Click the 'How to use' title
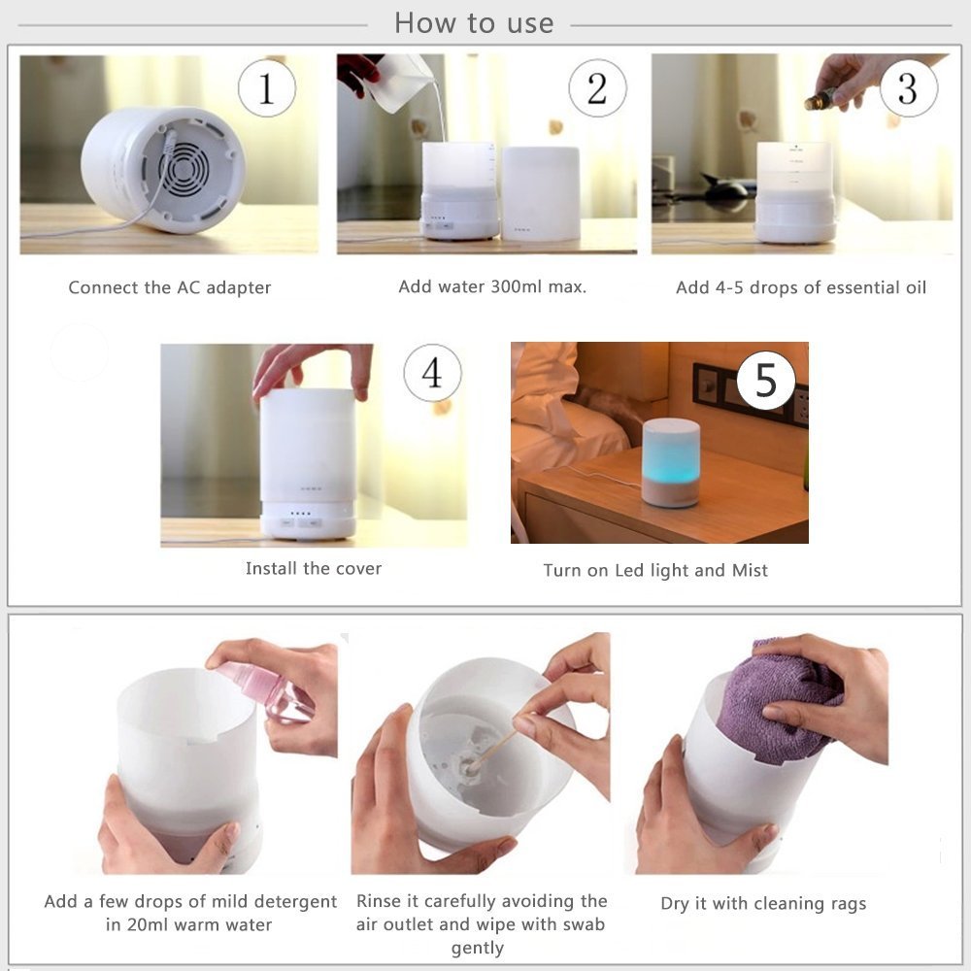(474, 23)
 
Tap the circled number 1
(267, 88)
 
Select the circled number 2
(597, 88)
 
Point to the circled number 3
(908, 88)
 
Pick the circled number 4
(432, 373)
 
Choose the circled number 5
(766, 380)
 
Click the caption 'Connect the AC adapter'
(170, 287)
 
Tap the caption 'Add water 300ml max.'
(492, 286)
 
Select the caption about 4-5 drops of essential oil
(801, 287)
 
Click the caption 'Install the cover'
(314, 568)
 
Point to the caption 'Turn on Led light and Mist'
(655, 570)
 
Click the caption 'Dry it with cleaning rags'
(763, 903)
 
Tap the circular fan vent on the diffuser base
(184, 172)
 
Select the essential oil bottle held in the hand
(820, 98)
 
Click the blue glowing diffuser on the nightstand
(670, 461)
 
